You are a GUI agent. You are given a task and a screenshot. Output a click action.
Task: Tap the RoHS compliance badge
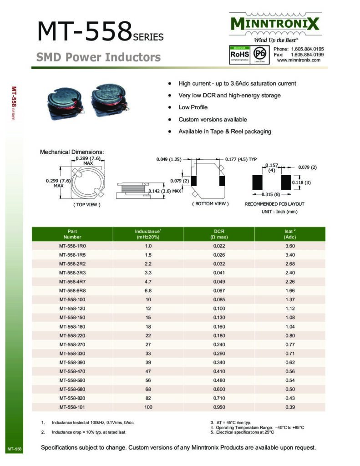coord(239,55)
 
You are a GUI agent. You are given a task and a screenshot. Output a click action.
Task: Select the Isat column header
coord(290,234)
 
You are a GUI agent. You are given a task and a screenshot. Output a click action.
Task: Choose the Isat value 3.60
coord(290,246)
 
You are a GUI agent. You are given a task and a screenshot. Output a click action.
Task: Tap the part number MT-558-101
coord(72,406)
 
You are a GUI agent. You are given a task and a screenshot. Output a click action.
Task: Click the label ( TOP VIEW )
coord(86,205)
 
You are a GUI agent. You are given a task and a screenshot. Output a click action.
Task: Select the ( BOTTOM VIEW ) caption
coord(210,204)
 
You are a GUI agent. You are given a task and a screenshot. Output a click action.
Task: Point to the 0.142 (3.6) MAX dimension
coord(165,191)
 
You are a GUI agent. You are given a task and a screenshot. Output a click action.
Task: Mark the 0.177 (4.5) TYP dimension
coord(241,159)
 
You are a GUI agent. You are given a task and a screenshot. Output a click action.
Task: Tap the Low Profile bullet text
coord(193,107)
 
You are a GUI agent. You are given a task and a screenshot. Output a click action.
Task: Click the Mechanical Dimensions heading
coord(72,152)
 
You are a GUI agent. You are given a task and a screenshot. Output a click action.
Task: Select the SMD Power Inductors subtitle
coord(98,57)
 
